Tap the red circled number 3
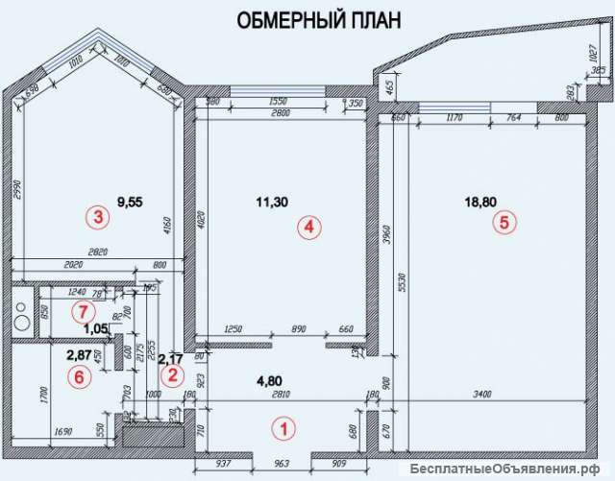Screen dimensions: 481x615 [x=95, y=217]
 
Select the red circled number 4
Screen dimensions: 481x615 [x=307, y=228]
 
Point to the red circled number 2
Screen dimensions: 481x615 [x=172, y=374]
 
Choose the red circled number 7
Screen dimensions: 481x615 [x=84, y=311]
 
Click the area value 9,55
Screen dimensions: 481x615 [x=130, y=204]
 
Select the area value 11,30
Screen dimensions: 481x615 [x=275, y=202]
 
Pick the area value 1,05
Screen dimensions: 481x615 [x=94, y=328]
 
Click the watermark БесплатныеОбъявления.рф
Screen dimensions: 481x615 [x=510, y=469]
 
